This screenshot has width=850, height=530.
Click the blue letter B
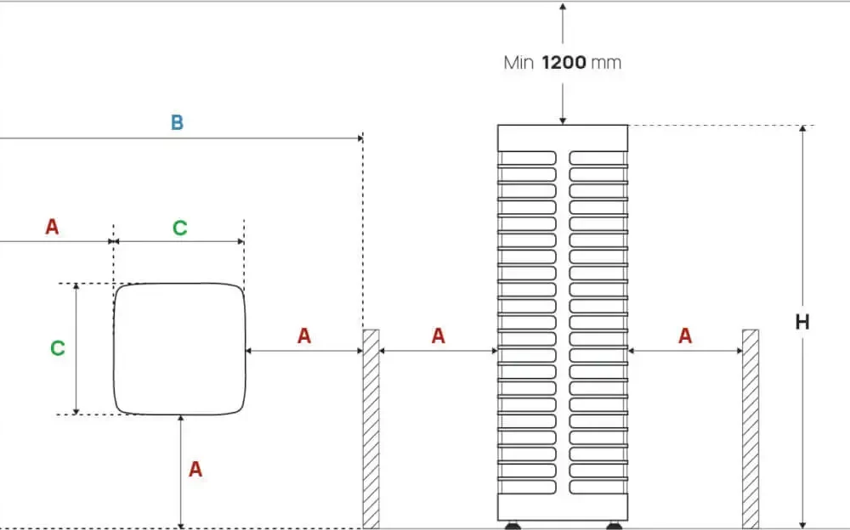pyautogui.click(x=177, y=122)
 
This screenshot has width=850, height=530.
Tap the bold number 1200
pyautogui.click(x=564, y=63)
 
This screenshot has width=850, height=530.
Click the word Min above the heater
pyautogui.click(x=518, y=63)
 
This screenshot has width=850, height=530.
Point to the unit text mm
pyautogui.click(x=606, y=63)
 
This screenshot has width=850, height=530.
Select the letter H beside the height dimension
pyautogui.click(x=802, y=323)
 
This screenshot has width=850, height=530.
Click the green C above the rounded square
pyautogui.click(x=179, y=228)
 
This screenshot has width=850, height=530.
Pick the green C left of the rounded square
pyautogui.click(x=57, y=348)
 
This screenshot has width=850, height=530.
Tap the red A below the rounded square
pyautogui.click(x=195, y=469)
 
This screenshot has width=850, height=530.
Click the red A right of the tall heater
pyautogui.click(x=685, y=336)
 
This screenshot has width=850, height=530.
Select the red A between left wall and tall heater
pyautogui.click(x=438, y=336)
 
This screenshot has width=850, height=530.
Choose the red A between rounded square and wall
pyautogui.click(x=304, y=336)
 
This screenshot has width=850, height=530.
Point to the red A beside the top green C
pyautogui.click(x=53, y=228)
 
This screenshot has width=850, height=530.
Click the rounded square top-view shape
pyautogui.click(x=180, y=349)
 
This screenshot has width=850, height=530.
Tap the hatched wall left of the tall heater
pyautogui.click(x=371, y=429)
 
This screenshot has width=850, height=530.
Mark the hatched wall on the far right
pyautogui.click(x=750, y=429)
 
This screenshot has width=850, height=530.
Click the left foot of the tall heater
pyautogui.click(x=513, y=525)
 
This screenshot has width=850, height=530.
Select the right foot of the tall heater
pyautogui.click(x=613, y=525)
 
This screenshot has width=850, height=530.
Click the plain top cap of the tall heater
pyautogui.click(x=563, y=137)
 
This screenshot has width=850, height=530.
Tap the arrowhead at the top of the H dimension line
pyautogui.click(x=802, y=130)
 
